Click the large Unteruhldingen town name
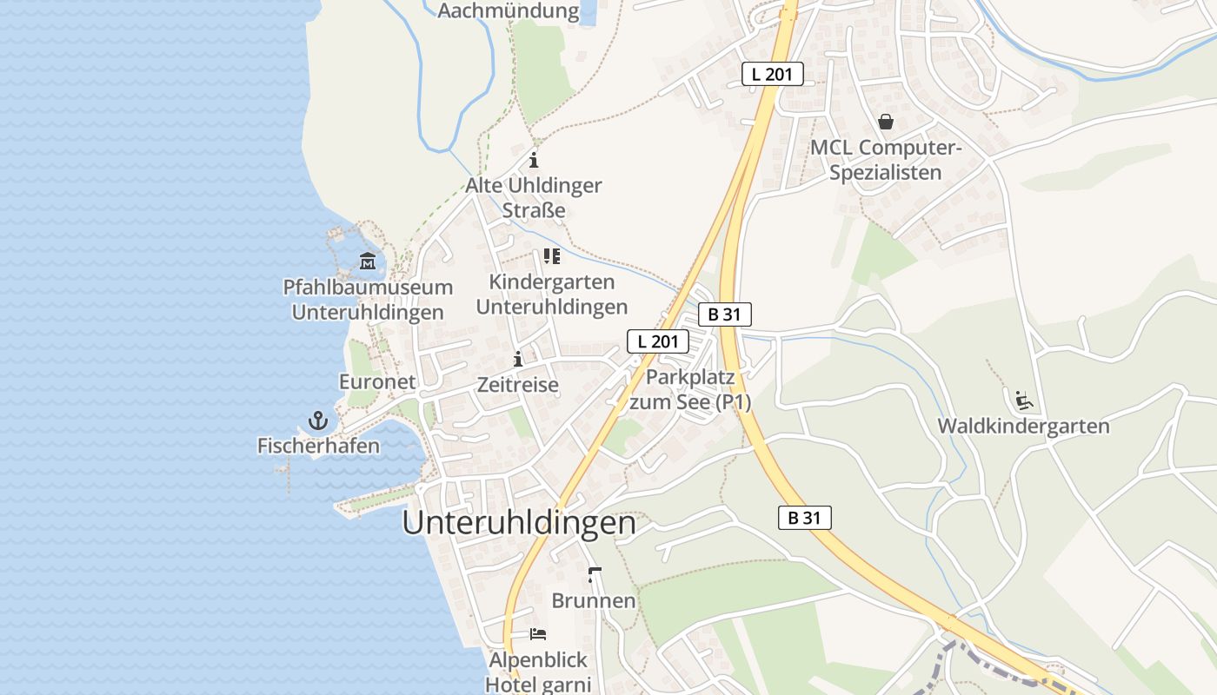point(520,523)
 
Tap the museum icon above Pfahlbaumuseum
point(368,261)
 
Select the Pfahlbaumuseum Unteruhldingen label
point(368,300)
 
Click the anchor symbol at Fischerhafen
point(318,421)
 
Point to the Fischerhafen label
point(318,447)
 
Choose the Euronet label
point(377,382)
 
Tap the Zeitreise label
point(518,384)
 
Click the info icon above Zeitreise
point(518,359)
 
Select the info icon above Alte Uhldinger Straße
point(534,161)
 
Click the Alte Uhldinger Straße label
point(534,198)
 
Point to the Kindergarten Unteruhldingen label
point(552,295)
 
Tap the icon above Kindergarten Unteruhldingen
point(552,256)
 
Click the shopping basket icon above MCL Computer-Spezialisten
point(886,122)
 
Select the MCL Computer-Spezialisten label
point(886,160)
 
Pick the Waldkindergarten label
point(1023,427)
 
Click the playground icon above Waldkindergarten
point(1024,400)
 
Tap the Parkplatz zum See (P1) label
point(690,390)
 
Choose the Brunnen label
point(594,601)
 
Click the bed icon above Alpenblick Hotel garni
point(538,634)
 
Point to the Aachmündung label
point(509,11)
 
